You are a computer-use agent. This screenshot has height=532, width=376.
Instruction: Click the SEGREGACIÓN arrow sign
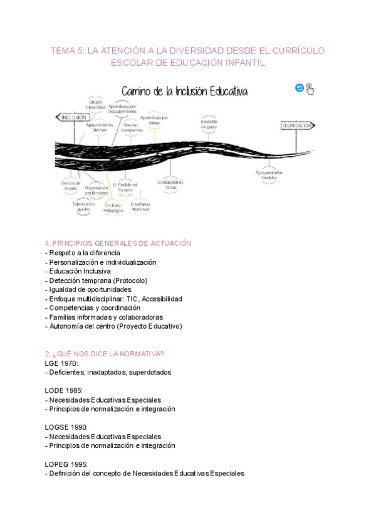click(297, 125)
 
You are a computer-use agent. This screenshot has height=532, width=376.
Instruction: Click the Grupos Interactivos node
click(96, 105)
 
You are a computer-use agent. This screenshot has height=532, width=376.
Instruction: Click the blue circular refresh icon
click(300, 88)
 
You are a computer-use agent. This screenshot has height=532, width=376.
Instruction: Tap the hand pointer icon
click(310, 88)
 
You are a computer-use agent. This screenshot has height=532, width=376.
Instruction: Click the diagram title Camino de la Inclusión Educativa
click(185, 92)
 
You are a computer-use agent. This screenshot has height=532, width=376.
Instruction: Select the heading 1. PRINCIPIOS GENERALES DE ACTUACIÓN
click(118, 243)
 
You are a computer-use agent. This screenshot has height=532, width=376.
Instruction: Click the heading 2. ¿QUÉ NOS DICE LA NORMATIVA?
click(104, 353)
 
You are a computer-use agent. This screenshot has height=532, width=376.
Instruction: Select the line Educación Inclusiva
click(78, 271)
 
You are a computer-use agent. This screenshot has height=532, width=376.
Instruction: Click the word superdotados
click(150, 372)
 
